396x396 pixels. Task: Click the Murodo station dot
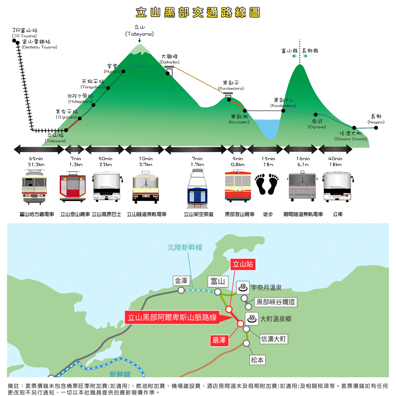[x=123, y=71]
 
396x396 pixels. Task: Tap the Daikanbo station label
[x=169, y=59]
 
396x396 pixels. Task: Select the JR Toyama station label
[x=25, y=32]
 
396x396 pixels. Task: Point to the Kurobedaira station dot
[x=229, y=100]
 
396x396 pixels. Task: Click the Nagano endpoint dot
[x=376, y=128]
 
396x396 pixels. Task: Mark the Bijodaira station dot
[x=80, y=118]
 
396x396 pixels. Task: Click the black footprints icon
[x=267, y=184]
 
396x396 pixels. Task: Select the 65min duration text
[x=36, y=159]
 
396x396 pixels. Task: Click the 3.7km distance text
[x=145, y=165]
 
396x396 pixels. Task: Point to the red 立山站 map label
[x=243, y=264]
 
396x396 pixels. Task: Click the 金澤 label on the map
[x=181, y=281]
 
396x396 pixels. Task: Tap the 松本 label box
[x=257, y=360]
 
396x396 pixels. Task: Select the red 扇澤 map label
[x=219, y=341]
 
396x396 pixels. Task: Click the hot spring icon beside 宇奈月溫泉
[x=243, y=288]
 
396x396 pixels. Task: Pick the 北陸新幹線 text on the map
[x=185, y=247]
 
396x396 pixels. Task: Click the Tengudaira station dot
[x=108, y=88]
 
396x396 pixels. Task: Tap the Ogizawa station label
[x=317, y=124]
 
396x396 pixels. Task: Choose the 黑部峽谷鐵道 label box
[x=276, y=302]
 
